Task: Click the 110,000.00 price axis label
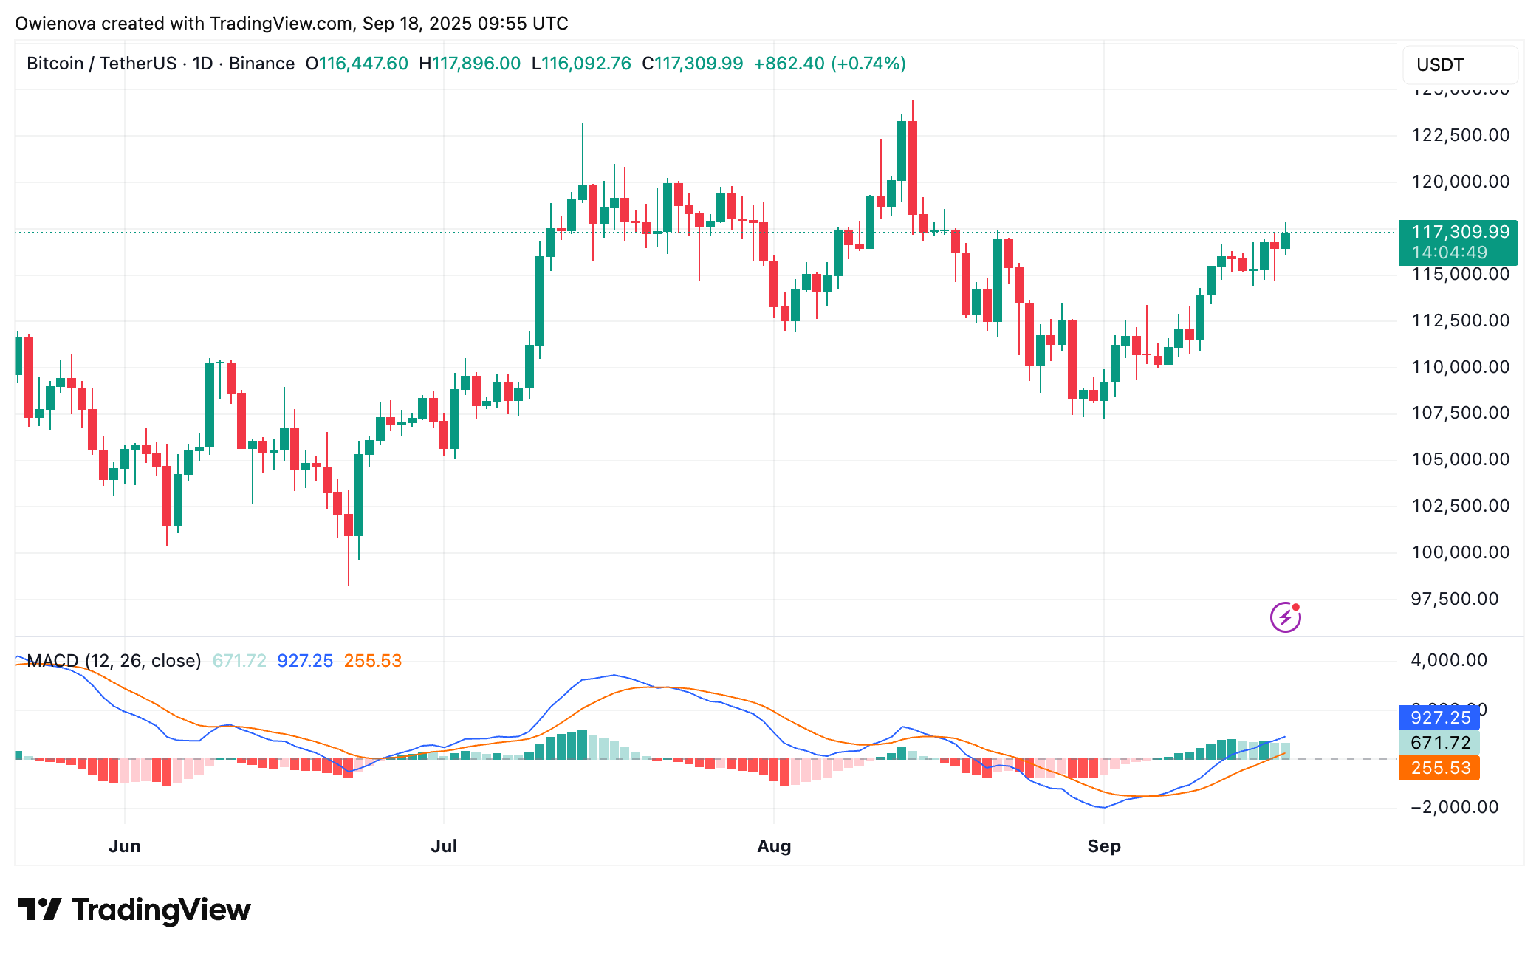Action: [x=1460, y=367]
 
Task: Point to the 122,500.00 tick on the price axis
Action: [x=1460, y=135]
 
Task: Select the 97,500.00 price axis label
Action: [x=1454, y=599]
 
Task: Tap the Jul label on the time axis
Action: [x=444, y=846]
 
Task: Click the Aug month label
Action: [x=774, y=846]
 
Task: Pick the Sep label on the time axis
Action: [x=1104, y=846]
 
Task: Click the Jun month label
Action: [x=125, y=846]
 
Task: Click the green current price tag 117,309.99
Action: [x=1458, y=233]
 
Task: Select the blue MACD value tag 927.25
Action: [x=1439, y=718]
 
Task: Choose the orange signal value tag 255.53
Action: [x=1439, y=768]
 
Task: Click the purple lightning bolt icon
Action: [x=1285, y=617]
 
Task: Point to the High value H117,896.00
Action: [x=470, y=64]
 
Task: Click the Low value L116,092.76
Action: [x=581, y=64]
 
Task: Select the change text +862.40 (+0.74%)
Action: [x=829, y=64]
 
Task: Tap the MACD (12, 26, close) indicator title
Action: [x=114, y=661]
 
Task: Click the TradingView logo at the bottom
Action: [x=134, y=910]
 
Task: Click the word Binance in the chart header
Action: [x=261, y=64]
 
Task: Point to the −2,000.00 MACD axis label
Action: [x=1454, y=807]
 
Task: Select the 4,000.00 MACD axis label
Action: [x=1449, y=660]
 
